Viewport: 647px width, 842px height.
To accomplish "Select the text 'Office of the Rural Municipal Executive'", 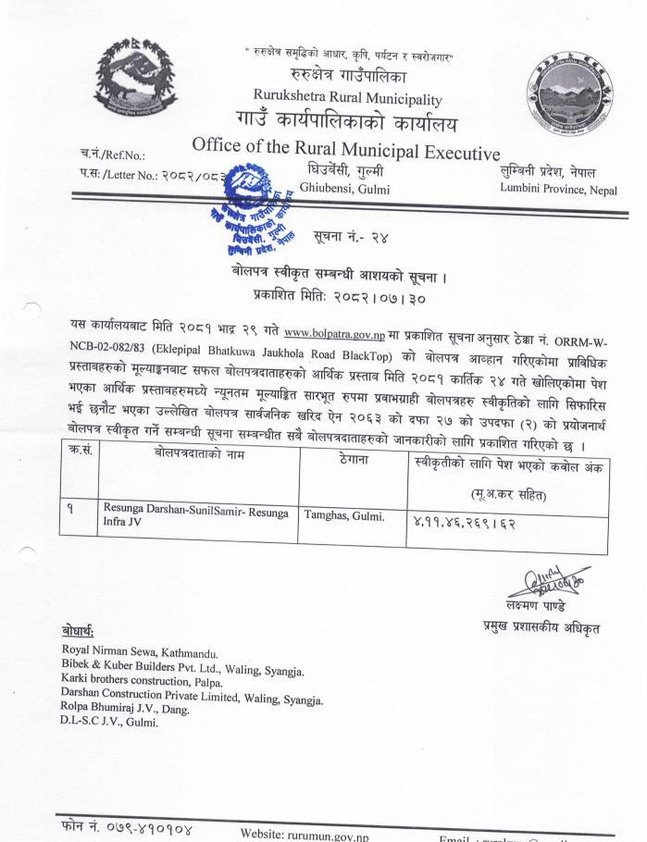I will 345,148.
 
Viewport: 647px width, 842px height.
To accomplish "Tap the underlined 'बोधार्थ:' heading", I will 83,633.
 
